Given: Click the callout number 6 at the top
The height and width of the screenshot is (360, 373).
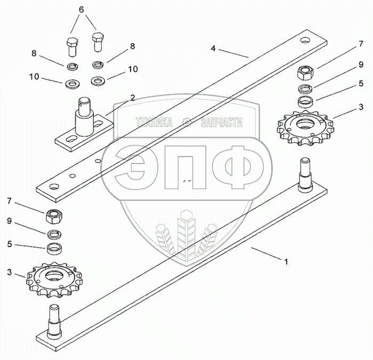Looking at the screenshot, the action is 81,10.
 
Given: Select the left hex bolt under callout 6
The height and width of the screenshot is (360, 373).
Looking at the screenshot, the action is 72,47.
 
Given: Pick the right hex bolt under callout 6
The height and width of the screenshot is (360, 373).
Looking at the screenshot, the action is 98,42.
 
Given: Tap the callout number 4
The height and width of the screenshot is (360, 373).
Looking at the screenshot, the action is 213,48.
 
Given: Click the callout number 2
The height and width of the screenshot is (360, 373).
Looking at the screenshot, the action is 133,97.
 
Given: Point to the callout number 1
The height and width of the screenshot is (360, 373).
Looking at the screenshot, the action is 287,262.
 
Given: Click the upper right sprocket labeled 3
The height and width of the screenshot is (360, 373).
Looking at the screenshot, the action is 305,128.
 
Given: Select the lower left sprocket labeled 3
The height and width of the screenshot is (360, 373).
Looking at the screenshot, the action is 54,280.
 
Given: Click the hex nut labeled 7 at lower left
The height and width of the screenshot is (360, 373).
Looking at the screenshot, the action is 53,216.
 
